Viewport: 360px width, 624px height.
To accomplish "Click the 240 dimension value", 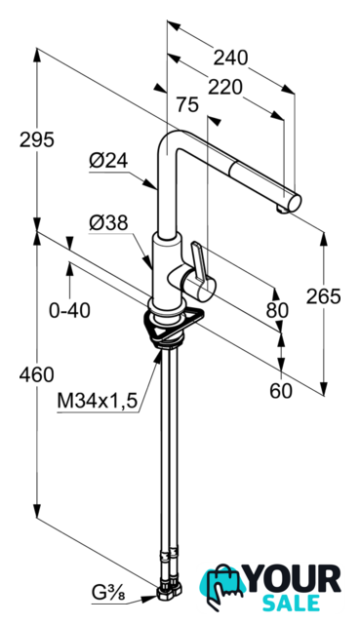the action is tap(230, 58).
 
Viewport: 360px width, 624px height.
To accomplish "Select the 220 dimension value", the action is tap(225, 87).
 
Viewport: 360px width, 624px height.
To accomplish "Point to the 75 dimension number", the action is tap(186, 105).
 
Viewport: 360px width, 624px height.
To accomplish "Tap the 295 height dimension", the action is tap(37, 140).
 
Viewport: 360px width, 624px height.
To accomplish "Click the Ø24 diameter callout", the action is tap(108, 161).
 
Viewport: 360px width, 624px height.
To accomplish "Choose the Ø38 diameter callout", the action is tap(108, 223).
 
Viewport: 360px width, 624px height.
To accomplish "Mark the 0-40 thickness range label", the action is tap(69, 310).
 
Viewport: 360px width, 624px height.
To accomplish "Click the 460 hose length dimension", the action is tap(37, 374).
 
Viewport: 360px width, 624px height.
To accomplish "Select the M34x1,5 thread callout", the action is tap(98, 401).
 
